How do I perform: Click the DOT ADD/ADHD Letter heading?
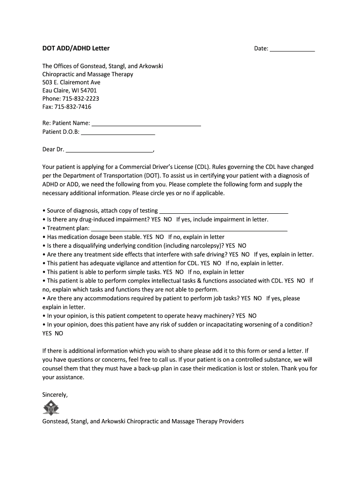click(76, 48)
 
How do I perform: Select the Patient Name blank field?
click(146, 124)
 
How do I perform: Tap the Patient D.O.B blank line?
click(118, 132)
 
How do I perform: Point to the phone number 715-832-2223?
click(80, 99)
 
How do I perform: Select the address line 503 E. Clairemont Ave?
click(71, 82)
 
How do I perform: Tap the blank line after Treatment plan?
click(189, 229)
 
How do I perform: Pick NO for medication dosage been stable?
click(159, 237)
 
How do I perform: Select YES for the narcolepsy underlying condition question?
click(230, 246)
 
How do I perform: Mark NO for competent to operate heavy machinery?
click(252, 316)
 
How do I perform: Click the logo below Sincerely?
click(51, 408)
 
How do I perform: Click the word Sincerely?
click(55, 395)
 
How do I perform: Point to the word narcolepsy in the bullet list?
click(204, 246)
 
